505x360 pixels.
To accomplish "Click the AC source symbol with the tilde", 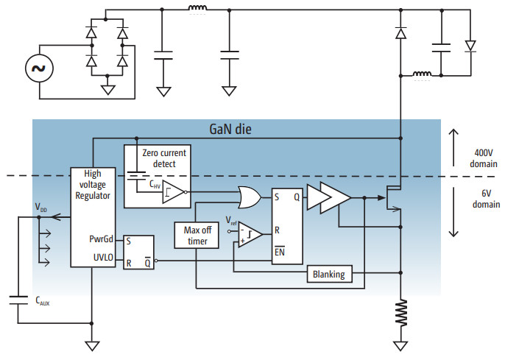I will point(38,69).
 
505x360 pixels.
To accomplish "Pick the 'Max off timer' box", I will point(197,236).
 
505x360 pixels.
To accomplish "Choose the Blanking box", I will point(329,275).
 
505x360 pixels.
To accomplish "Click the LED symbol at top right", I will point(470,46).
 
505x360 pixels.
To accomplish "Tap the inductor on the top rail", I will point(197,10).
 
